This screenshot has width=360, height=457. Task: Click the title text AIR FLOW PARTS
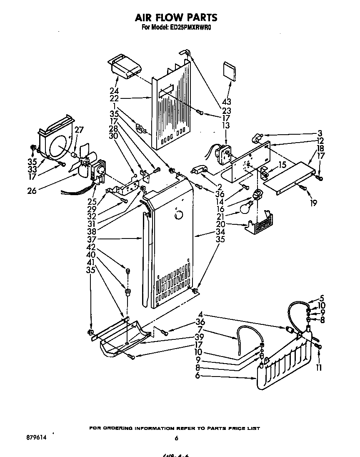176,18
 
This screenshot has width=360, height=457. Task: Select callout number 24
114,91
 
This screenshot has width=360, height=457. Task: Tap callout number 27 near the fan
79,129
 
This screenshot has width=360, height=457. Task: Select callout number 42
91,247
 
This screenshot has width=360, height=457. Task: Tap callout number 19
313,203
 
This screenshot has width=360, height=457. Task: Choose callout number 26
32,191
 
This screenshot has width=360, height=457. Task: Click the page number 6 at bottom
176,438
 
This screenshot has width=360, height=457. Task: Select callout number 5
321,299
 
